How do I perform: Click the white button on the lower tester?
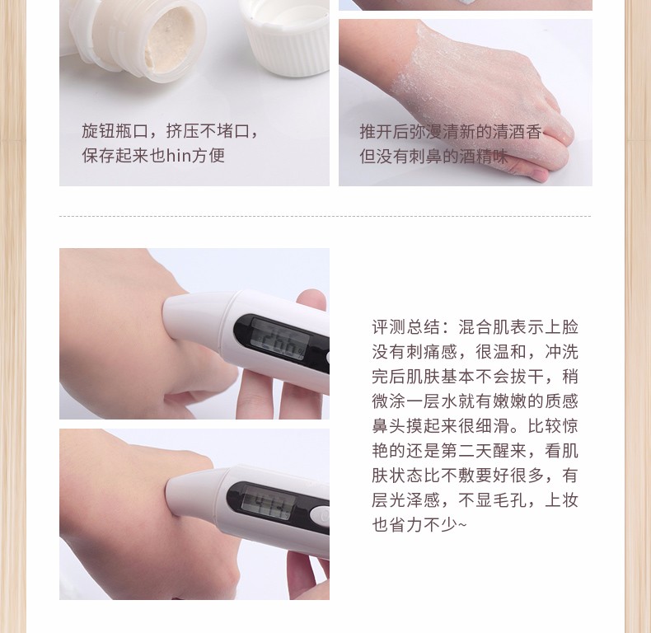[319, 516]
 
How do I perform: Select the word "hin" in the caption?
[179, 155]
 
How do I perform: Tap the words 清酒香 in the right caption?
[517, 132]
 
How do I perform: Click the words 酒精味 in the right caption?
[483, 156]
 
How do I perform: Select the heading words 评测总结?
[405, 327]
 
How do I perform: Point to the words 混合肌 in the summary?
[484, 327]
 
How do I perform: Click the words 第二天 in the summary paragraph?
[466, 450]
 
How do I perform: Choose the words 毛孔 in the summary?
[510, 499]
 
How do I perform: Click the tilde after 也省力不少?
[462, 525]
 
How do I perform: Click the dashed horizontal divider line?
[325, 217]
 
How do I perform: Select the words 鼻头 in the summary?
[389, 426]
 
